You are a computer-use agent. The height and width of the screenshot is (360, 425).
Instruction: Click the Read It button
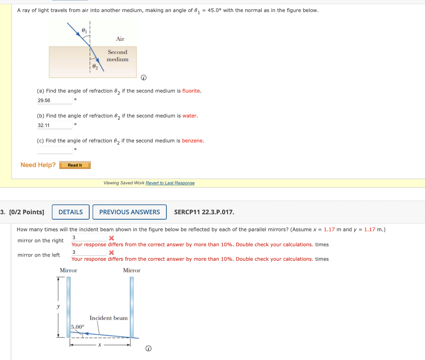point(75,165)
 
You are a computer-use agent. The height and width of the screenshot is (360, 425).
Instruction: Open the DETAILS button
point(71,212)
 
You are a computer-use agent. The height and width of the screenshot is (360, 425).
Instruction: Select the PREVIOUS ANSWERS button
point(129,212)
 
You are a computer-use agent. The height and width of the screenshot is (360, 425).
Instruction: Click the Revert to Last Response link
point(170,183)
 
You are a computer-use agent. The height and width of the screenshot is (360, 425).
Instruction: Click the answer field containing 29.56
point(54,100)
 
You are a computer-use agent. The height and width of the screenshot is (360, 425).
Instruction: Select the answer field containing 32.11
point(54,125)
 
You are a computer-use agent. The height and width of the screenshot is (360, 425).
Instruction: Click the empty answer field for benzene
point(54,150)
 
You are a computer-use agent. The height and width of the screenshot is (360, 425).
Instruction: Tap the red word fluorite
point(191,91)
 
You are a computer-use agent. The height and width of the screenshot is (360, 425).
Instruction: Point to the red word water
point(190,116)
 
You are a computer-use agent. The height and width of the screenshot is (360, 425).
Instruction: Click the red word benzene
point(193,141)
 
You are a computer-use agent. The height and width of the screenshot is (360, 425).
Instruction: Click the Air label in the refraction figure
point(120,39)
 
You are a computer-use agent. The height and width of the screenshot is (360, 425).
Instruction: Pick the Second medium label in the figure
point(117,56)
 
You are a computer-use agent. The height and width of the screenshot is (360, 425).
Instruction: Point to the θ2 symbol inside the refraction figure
point(95,66)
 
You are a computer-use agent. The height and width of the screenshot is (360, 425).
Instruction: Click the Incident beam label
point(109,318)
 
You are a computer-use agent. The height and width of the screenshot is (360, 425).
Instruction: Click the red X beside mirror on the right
point(111,238)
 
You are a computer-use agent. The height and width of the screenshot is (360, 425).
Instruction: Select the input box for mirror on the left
point(89,252)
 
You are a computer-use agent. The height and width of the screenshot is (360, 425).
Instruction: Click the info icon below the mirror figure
point(148,349)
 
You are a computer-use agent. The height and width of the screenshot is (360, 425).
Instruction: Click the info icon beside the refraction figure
point(143,78)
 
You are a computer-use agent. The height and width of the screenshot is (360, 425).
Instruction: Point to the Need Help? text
point(38,165)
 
